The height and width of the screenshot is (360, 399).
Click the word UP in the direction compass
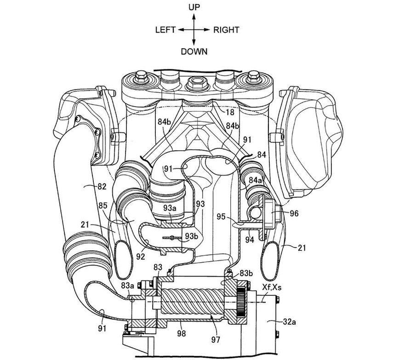click(194, 7)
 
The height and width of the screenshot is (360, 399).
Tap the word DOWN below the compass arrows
click(194, 51)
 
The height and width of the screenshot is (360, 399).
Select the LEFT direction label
click(165, 30)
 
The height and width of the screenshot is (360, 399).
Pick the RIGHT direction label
click(226, 30)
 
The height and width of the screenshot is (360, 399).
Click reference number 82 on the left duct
click(101, 186)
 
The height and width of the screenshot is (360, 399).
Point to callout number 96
click(294, 213)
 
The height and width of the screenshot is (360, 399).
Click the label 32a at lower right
click(290, 322)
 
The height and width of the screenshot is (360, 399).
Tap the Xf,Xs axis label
click(272, 287)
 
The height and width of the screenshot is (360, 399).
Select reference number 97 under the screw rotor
click(215, 340)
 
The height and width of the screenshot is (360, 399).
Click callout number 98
click(182, 333)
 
